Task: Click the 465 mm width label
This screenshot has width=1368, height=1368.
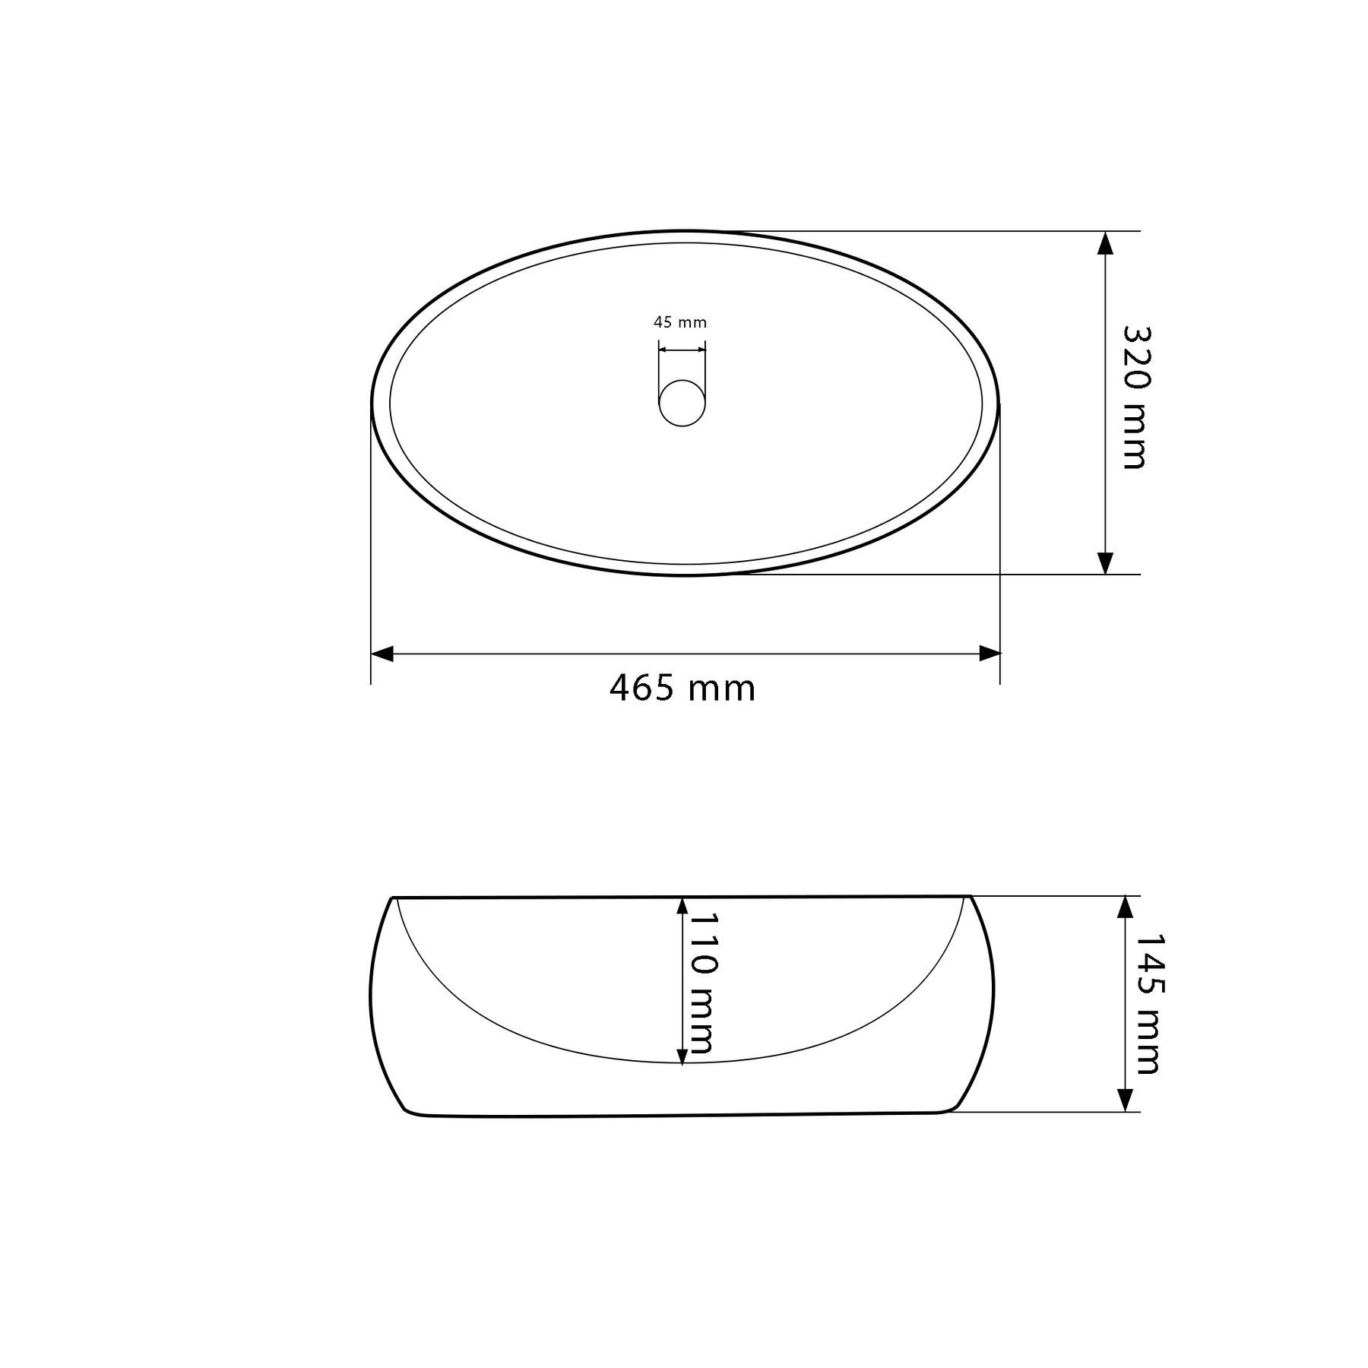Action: click(x=682, y=689)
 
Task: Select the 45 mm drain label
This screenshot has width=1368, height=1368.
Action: click(x=680, y=322)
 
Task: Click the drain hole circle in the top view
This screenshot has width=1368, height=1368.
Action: click(x=682, y=403)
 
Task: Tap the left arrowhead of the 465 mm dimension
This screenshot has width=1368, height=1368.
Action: click(x=382, y=654)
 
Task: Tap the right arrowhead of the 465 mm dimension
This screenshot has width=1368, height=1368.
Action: click(x=989, y=654)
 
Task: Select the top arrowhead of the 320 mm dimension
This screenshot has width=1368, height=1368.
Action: click(x=1106, y=243)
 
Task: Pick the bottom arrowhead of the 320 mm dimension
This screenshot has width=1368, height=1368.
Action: click(x=1106, y=562)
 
